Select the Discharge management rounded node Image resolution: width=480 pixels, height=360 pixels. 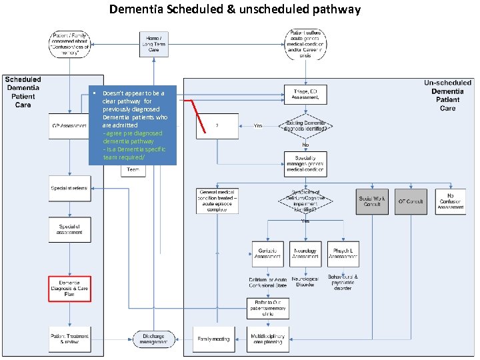tap(154, 339)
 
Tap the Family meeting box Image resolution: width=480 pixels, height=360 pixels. tap(212, 339)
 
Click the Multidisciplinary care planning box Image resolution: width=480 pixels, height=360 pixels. tap(268, 339)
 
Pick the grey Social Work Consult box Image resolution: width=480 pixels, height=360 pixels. tap(372, 201)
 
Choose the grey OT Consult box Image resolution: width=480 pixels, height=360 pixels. tap(411, 201)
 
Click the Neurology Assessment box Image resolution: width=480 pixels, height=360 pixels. tap(305, 254)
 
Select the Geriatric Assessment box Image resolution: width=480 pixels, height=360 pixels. tap(268, 254)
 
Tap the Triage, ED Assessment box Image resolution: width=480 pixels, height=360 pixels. tap(305, 94)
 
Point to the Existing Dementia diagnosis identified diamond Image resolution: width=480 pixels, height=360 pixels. tap(305, 125)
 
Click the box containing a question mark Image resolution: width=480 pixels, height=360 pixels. tap(217, 125)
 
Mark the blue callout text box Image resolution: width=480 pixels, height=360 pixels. tap(133, 125)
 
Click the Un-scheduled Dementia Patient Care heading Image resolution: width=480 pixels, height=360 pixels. tap(447, 95)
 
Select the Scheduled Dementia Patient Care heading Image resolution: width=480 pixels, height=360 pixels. tap(23, 92)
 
